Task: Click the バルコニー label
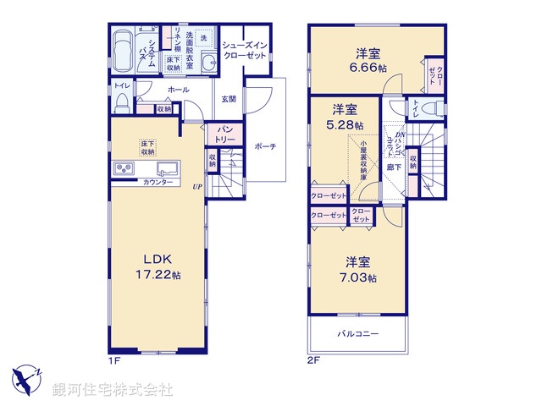[x=359, y=334]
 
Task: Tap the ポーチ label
[x=265, y=146]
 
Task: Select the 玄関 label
[x=230, y=100]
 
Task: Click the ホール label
[x=178, y=90]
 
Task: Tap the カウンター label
[x=158, y=183]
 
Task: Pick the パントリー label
[x=224, y=134]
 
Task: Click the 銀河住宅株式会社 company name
[x=113, y=389]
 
